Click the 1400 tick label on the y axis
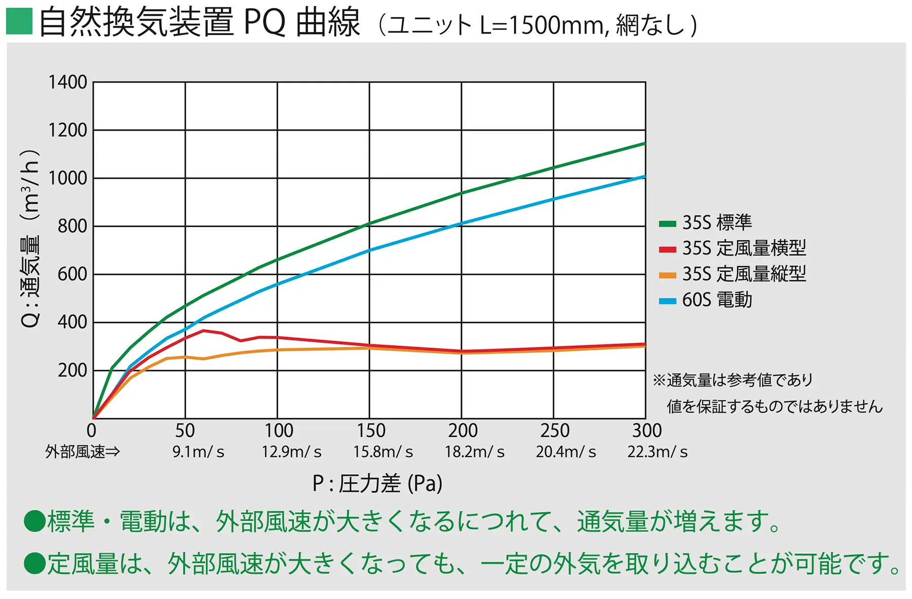pyautogui.click(x=67, y=82)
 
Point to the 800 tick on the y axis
pyautogui.click(x=72, y=226)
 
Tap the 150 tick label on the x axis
pyautogui.click(x=371, y=431)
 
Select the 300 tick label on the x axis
pyautogui.click(x=647, y=431)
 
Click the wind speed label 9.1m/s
pyautogui.click(x=198, y=452)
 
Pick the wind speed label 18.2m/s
pyautogui.click(x=475, y=452)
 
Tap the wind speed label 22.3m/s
pyautogui.click(x=657, y=452)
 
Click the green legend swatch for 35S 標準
pyautogui.click(x=667, y=223)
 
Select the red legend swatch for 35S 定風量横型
pyautogui.click(x=667, y=249)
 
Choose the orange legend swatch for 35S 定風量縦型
pyautogui.click(x=667, y=275)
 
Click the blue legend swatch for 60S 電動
pyautogui.click(x=667, y=301)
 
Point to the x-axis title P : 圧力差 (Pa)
pyautogui.click(x=377, y=483)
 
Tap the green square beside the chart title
pyautogui.click(x=19, y=21)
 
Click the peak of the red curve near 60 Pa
pyautogui.click(x=204, y=330)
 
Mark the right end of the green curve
pyautogui.click(x=645, y=143)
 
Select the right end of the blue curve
pyautogui.click(x=645, y=176)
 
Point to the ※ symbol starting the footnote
pyautogui.click(x=659, y=380)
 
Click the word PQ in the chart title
pyautogui.click(x=264, y=22)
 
